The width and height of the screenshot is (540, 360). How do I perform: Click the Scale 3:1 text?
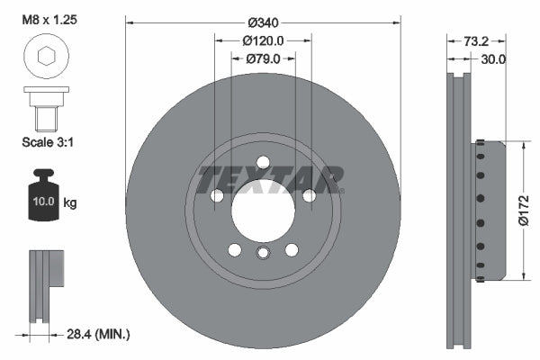point(47,141)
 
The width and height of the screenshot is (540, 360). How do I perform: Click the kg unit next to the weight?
point(70,203)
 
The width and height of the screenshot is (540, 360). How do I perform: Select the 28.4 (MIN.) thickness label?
point(98,334)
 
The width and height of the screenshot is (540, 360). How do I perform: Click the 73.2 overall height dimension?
point(477,40)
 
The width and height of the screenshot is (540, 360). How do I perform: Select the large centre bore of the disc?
point(262,211)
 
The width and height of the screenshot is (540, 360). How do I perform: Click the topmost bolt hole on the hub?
point(263,162)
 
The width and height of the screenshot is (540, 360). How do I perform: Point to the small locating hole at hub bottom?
point(262,252)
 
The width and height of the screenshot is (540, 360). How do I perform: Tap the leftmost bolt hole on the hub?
point(216,195)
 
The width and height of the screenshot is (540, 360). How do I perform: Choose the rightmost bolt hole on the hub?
point(309,195)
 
